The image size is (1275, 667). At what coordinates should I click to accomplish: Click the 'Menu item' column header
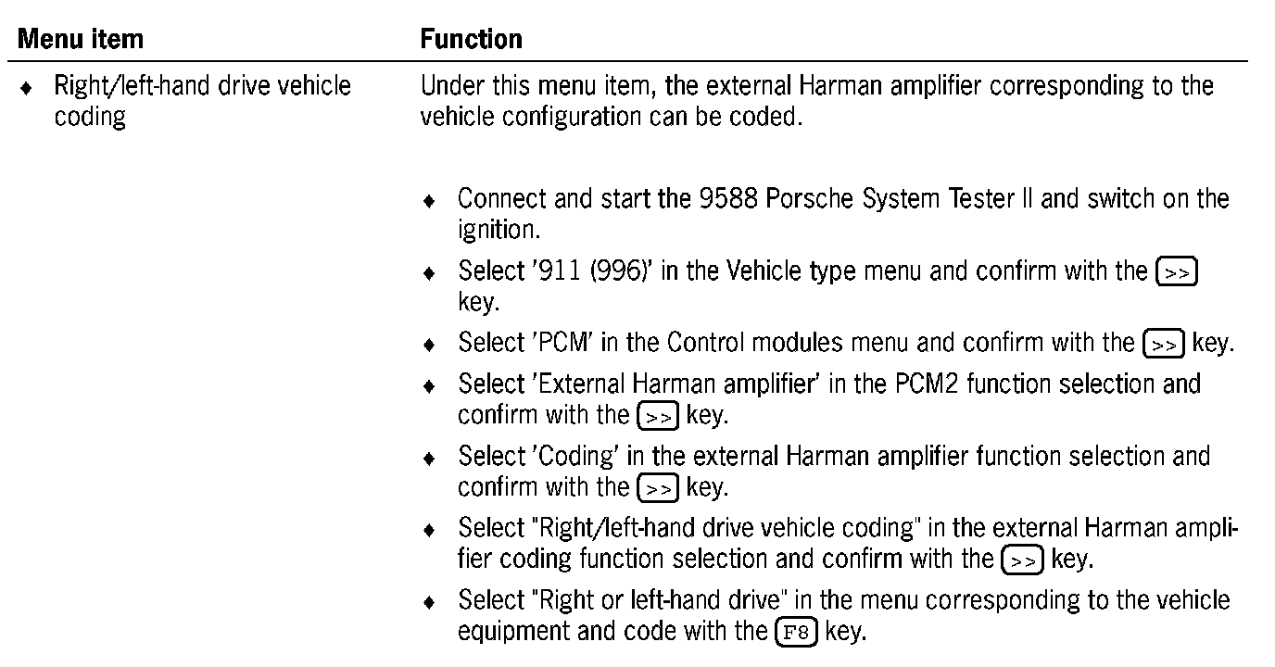82,39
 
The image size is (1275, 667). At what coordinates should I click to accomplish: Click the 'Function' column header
471,39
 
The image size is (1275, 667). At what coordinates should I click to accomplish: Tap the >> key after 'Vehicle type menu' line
1177,273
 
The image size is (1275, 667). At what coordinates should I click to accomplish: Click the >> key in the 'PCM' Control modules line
1163,344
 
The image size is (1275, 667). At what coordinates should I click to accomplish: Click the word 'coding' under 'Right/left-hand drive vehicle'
90,119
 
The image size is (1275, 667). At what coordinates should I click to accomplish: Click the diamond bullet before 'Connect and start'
428,201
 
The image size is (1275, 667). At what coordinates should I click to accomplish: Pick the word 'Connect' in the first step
501,199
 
